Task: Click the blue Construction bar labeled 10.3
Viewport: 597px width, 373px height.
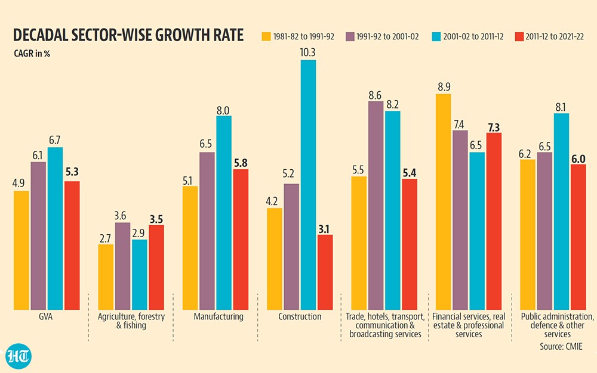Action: point(308,185)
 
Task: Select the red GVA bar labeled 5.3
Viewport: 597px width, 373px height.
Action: point(72,245)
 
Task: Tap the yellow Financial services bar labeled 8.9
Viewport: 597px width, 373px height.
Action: point(443,201)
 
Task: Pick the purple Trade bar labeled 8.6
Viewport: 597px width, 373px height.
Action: point(376,206)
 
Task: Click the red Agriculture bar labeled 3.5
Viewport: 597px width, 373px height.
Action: point(156,268)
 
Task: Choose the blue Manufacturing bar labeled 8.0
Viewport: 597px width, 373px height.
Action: point(224,213)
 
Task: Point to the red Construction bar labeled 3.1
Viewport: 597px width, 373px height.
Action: point(325,272)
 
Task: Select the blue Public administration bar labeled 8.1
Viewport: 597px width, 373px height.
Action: point(561,212)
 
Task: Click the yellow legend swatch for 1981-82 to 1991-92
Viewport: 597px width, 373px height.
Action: point(266,36)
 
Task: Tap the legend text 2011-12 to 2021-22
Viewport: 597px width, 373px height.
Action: point(555,36)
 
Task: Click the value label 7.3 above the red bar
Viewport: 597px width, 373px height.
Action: point(494,128)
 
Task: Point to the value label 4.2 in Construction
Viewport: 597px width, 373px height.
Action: point(272,201)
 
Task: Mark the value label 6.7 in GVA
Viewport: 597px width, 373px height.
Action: point(54,140)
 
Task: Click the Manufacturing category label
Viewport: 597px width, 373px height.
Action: point(219,316)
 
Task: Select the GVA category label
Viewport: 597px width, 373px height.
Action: point(46,316)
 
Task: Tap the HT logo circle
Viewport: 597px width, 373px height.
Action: point(19,356)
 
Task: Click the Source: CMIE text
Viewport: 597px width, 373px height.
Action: point(561,346)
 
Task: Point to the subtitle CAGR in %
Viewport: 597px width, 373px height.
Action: point(32,54)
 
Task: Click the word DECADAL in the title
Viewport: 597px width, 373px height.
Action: point(42,35)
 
